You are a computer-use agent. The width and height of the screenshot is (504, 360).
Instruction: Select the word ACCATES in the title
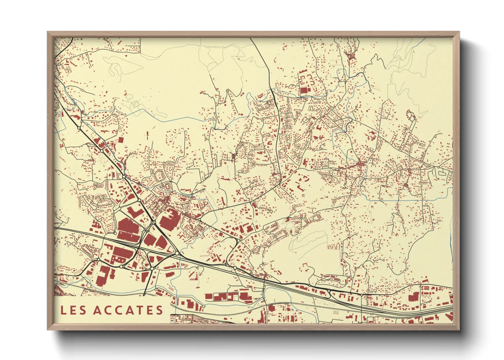coord(128,310)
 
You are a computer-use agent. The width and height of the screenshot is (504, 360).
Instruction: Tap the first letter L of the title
coord(63,310)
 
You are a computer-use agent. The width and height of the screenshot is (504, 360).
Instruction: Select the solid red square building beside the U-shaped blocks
coord(303,91)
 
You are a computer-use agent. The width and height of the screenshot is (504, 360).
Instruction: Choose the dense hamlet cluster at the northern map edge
coord(350,55)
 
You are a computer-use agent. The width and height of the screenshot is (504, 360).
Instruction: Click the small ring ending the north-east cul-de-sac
coord(422,145)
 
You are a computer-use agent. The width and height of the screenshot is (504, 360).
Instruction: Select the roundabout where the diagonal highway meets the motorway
coord(177,253)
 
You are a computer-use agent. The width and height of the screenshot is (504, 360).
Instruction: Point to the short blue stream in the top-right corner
coord(421,43)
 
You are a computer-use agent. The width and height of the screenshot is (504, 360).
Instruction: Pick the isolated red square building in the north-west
coord(120,140)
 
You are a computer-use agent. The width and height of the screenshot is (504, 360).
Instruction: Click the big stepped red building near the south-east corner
coord(413,297)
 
